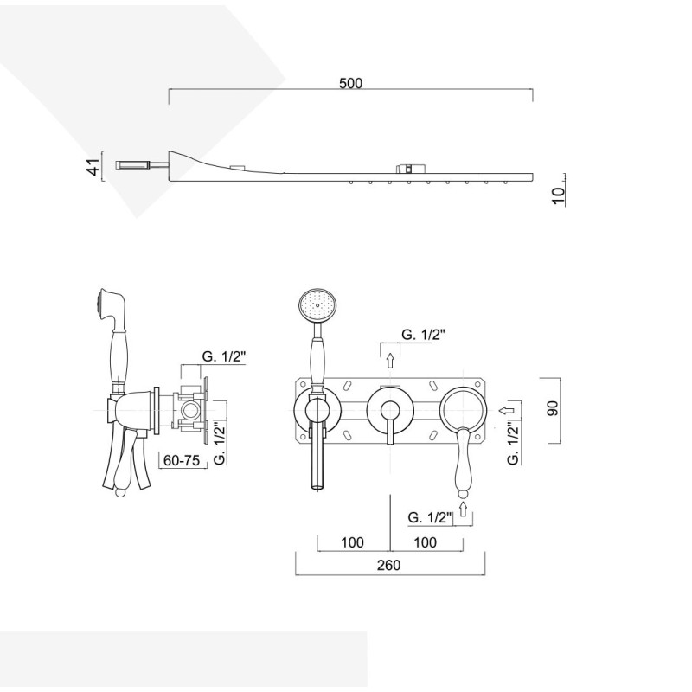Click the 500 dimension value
pos(351,83)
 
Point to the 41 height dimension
pos(94,166)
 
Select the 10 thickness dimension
pos(558,195)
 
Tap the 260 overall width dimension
pos(388,565)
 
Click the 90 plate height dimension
pos(553,408)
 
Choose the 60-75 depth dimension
pos(182,460)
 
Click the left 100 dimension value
pos(353,542)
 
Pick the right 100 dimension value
pos(426,542)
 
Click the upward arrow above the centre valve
pos(390,361)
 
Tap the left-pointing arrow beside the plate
pos(507,410)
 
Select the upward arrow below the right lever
pos(463,509)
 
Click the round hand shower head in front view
pos(317,304)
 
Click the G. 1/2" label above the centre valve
pos(423,335)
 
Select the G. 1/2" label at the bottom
pos(430,516)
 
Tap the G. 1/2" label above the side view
pos(223,356)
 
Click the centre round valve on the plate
pos(390,409)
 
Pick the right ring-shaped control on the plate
pos(464,409)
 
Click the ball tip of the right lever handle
pos(463,491)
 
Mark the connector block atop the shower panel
pos(411,168)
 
